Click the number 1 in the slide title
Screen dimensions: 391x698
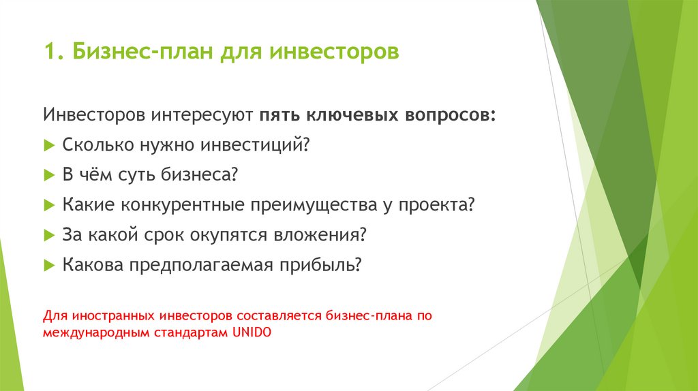48,52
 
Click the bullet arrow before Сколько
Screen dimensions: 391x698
48,145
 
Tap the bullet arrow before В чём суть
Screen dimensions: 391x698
48,175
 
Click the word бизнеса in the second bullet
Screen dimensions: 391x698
200,174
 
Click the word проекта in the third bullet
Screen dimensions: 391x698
436,204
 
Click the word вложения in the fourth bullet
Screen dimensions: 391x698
321,234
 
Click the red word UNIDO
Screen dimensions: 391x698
252,333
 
